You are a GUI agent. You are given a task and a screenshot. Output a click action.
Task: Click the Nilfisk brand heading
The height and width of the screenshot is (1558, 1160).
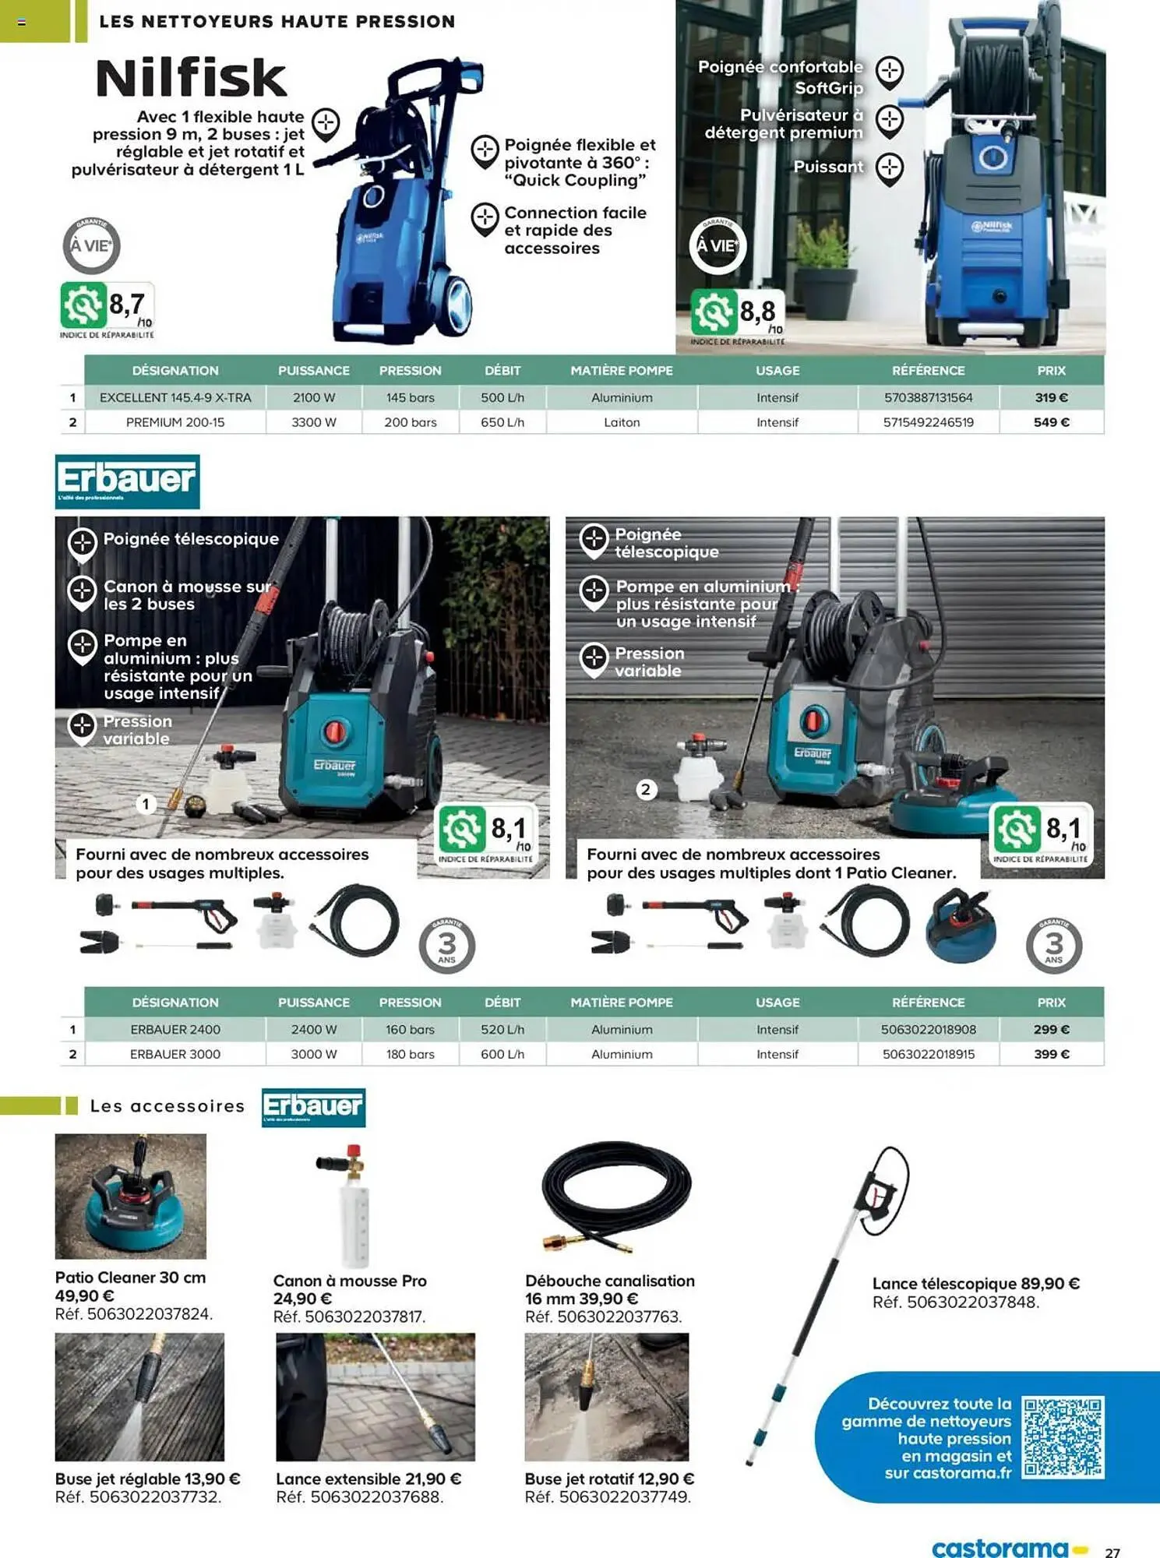click(191, 78)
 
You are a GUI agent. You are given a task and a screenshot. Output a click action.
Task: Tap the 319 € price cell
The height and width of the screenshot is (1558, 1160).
click(1051, 397)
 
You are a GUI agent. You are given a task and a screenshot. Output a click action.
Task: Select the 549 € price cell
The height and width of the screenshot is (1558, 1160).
click(1051, 422)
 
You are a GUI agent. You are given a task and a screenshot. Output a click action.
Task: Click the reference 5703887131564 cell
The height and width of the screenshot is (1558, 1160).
click(928, 397)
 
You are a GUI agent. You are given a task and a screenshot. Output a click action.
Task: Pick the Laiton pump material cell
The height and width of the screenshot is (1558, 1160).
click(622, 422)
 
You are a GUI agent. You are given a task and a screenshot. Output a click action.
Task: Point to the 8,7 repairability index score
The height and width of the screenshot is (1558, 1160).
click(127, 305)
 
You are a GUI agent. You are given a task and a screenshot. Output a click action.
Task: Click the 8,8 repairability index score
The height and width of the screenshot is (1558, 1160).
click(757, 312)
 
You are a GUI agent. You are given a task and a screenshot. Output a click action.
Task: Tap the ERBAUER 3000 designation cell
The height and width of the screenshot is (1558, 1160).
click(175, 1054)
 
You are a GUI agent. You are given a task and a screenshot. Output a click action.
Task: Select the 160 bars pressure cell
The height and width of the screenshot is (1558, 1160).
click(410, 1029)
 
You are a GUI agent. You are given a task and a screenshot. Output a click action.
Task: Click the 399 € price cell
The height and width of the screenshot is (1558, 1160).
click(1051, 1054)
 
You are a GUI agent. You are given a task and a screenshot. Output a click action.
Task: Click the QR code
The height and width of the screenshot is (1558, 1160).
click(1063, 1437)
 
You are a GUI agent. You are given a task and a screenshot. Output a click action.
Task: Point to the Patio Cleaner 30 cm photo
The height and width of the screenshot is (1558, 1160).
click(131, 1196)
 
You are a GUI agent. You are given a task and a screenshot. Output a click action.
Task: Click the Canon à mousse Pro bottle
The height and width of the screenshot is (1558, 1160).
click(353, 1207)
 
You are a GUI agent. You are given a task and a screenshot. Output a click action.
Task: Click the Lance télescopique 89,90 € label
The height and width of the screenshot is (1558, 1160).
click(975, 1283)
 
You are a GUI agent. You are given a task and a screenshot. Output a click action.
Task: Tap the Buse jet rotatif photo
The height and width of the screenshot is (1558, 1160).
click(606, 1397)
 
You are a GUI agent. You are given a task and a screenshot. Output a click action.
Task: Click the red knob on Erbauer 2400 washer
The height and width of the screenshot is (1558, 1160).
click(335, 731)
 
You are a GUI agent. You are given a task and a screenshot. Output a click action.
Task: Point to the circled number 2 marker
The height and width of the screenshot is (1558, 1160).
click(645, 790)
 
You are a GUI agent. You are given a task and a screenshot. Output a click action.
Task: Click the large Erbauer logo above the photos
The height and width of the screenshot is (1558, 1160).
click(127, 481)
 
